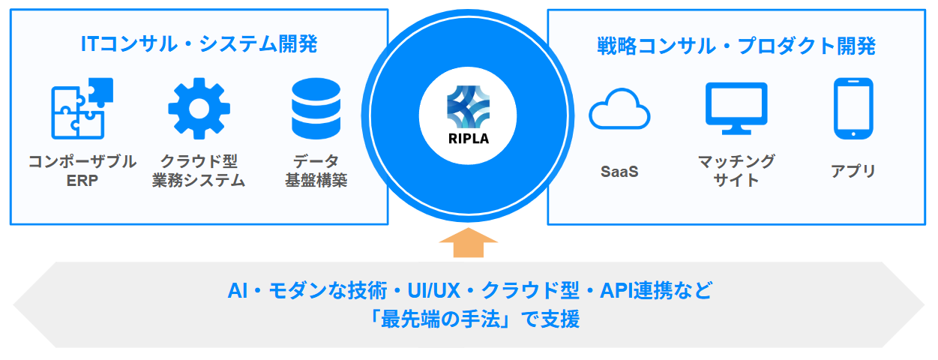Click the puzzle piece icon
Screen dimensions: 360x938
coord(82,109)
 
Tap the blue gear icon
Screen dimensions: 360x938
coord(199,109)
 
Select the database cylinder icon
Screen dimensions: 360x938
coord(316,109)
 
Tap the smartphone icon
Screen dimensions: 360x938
coord(853,109)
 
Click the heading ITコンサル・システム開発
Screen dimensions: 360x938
coord(199,44)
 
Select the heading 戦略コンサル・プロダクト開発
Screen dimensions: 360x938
coord(736,46)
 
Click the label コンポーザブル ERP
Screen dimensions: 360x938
coord(82,171)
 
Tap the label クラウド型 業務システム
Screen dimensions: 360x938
coord(199,171)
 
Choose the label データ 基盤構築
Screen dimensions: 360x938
coord(316,171)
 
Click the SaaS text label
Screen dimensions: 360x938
coord(619,171)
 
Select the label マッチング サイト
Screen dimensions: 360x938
coord(736,171)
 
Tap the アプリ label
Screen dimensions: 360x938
coord(853,171)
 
